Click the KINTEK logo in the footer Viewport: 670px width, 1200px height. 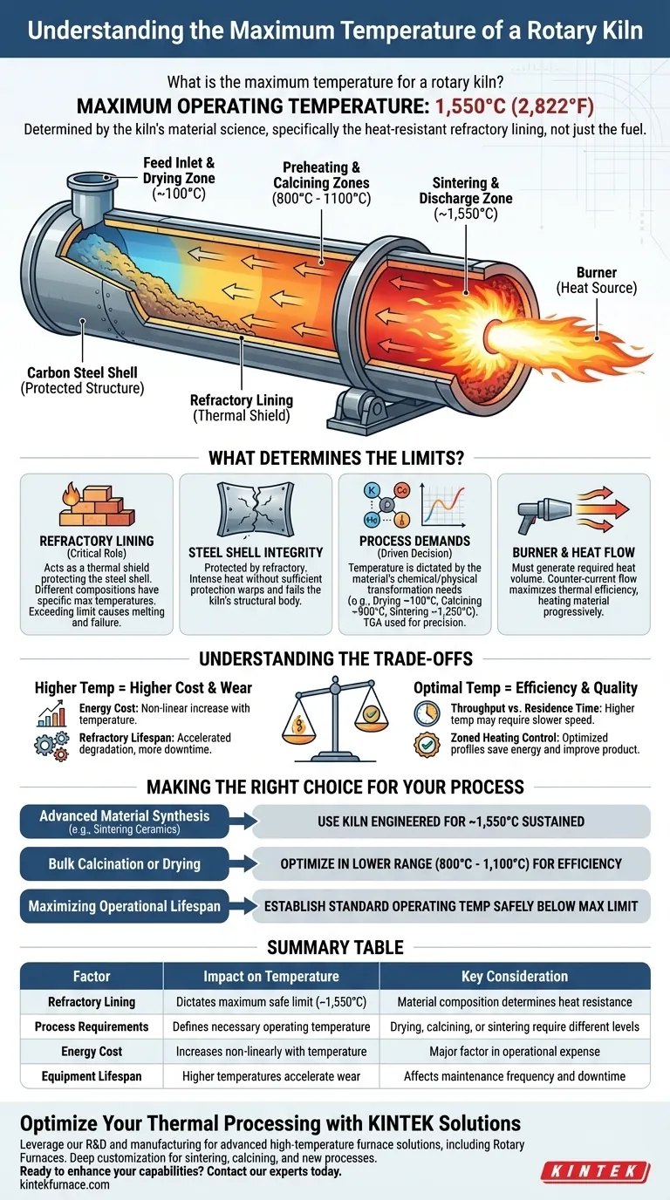pyautogui.click(x=595, y=1170)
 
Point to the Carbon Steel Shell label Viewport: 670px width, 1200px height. pyautogui.click(x=83, y=380)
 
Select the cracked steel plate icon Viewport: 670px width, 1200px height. pyautogui.click(x=255, y=509)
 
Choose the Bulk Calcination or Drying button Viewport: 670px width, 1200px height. pyautogui.click(x=125, y=863)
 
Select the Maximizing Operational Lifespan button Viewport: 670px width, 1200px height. pyautogui.click(x=125, y=906)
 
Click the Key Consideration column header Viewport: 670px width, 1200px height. pyautogui.click(x=515, y=976)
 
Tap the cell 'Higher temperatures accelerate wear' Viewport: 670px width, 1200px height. pyautogui.click(x=271, y=1076)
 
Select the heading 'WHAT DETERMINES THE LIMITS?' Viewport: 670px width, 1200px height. pyautogui.click(x=334, y=456)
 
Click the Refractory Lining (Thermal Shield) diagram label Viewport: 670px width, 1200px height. pyautogui.click(x=242, y=407)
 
